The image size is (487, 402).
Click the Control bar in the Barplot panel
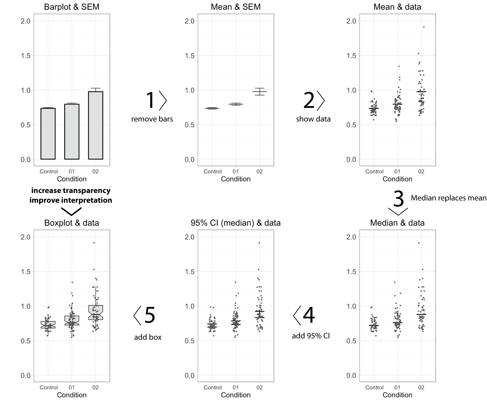point(48,134)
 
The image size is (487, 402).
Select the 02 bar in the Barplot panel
point(96,125)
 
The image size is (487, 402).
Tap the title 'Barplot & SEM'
point(72,7)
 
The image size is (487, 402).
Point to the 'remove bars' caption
point(152,119)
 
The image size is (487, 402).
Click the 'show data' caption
point(313,119)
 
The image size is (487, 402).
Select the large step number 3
point(398,199)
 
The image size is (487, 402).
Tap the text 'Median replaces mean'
point(448,198)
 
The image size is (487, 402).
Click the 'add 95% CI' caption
point(311,336)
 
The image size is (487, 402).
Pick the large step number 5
point(150,315)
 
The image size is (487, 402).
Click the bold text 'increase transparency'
point(71,190)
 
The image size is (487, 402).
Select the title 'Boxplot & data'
point(72,223)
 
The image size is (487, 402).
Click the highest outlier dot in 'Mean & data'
point(423,27)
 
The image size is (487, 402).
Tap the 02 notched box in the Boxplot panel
point(96,313)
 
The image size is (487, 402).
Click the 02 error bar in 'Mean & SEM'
point(260,92)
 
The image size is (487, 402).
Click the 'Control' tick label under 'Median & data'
point(374,387)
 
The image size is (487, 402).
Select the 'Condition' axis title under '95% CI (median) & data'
point(236,395)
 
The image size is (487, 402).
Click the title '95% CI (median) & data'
point(236,223)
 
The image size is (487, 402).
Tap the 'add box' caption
point(148,337)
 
